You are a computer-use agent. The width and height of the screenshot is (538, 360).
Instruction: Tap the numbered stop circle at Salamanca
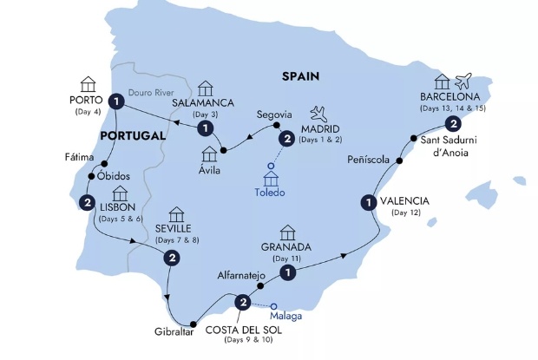205,128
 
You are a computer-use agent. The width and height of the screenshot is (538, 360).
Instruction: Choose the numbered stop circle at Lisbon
88,203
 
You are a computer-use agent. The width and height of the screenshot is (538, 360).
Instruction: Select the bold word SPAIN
300,76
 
